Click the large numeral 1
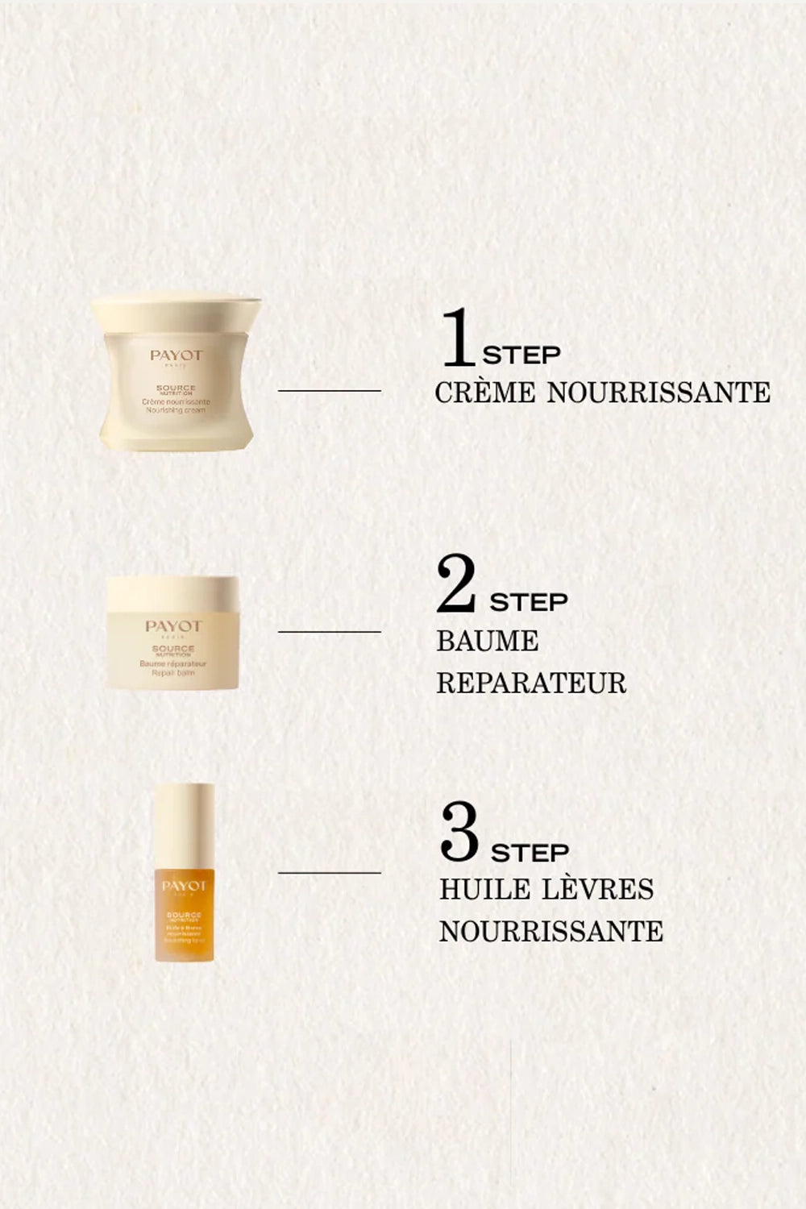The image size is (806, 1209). tap(458, 337)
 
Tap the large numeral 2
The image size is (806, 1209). tap(456, 584)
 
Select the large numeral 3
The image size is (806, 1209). tap(459, 832)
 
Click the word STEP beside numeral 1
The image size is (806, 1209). tap(521, 355)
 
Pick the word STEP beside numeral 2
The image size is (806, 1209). tap(529, 602)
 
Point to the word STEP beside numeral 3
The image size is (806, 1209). tap(530, 852)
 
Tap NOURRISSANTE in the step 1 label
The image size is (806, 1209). tap(659, 393)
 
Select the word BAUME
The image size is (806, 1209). tap(487, 642)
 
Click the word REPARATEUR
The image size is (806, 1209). tap(531, 683)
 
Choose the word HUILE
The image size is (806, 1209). tap(484, 889)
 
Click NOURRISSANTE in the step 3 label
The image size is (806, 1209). tap(551, 931)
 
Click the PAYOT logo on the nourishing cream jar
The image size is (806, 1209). tap(176, 355)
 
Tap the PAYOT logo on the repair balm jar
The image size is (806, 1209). tap(173, 626)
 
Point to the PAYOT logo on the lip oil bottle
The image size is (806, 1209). tap(184, 887)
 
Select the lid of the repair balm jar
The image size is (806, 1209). tap(172, 592)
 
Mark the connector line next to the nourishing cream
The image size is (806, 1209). tap(329, 391)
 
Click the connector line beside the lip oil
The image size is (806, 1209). tap(329, 872)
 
